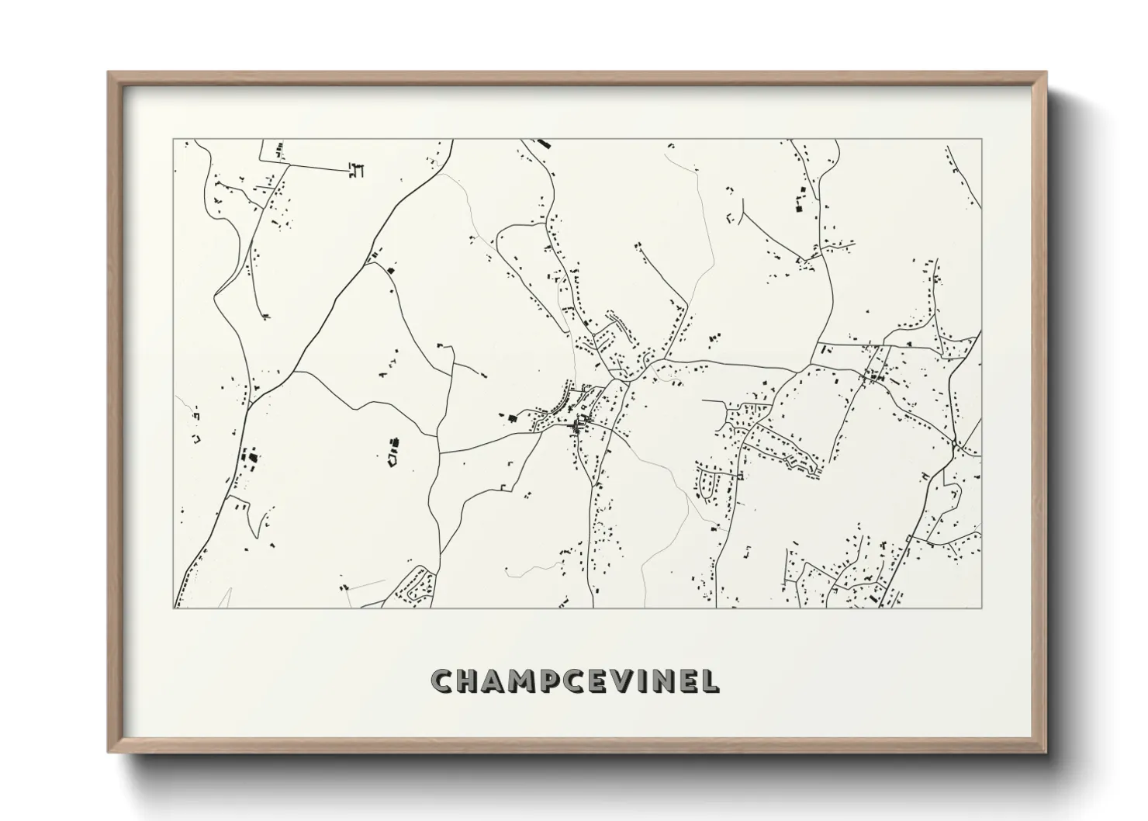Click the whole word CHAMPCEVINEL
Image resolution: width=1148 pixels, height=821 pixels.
[x=576, y=681]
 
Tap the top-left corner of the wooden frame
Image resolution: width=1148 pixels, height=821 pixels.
[x=109, y=73]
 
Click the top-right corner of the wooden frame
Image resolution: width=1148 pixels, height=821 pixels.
[x=1046, y=73]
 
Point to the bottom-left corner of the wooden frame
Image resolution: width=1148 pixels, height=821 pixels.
[x=109, y=751]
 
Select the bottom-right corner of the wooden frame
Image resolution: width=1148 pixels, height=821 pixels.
[x=1046, y=751]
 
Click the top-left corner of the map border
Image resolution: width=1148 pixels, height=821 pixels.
[x=174, y=140]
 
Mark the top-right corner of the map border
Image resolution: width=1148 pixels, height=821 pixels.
[x=982, y=140]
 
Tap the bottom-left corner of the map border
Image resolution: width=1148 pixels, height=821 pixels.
[x=174, y=608]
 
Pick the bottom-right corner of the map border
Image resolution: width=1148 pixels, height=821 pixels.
[x=982, y=608]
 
